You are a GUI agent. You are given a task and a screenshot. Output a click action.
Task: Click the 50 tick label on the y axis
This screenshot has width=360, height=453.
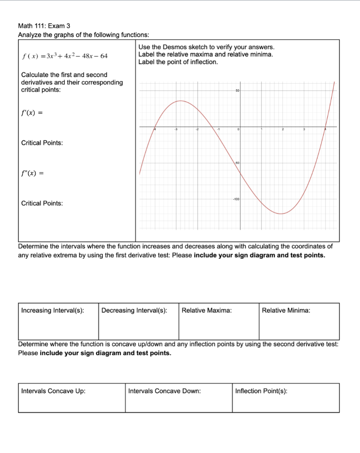click(x=237, y=91)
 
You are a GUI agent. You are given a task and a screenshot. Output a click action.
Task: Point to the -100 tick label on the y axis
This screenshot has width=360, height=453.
click(x=236, y=200)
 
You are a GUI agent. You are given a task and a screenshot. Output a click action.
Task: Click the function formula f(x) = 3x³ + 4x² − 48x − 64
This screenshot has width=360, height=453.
click(x=65, y=56)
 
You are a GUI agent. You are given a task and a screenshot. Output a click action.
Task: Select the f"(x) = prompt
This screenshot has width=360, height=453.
click(x=32, y=173)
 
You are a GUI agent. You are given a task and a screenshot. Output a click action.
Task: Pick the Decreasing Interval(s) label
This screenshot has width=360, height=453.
click(x=134, y=311)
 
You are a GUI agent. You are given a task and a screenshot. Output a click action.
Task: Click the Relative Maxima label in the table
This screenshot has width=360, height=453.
click(x=207, y=311)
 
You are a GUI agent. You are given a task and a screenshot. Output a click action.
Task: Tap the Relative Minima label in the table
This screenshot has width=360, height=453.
click(x=286, y=311)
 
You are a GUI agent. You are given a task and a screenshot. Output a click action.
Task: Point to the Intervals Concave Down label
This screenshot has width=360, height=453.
click(x=164, y=391)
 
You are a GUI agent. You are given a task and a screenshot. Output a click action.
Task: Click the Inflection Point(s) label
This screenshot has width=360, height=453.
click(x=261, y=391)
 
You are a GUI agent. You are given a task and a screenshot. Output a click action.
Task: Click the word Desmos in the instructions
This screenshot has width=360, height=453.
click(x=181, y=47)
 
